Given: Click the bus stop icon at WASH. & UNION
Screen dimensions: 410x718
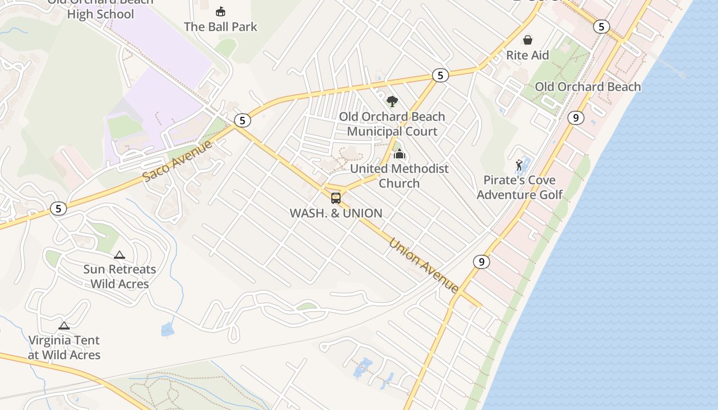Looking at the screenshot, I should point(336,198).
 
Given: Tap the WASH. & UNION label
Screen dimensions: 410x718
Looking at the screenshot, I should point(336,213).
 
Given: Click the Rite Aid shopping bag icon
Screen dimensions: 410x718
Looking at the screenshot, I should point(527,40).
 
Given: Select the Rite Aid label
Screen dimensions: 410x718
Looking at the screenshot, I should point(527,55).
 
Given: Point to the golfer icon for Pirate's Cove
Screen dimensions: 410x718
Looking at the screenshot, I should point(519,165).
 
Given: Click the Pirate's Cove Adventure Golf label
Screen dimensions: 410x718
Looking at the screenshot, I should point(520,188).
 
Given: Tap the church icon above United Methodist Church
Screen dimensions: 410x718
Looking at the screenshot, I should point(399,154).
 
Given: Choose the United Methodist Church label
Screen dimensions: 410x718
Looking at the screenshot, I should point(399,176).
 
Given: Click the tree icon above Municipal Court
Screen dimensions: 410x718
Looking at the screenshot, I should point(392,101).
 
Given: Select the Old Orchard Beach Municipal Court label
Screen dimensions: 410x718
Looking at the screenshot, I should point(392,124).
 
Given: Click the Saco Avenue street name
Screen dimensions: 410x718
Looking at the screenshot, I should point(177,161).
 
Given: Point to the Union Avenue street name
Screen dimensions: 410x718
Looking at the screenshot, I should point(424,265).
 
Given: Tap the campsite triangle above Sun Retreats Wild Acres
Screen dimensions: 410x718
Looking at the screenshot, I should point(119,255).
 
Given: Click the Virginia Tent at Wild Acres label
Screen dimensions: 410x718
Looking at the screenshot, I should point(64,347).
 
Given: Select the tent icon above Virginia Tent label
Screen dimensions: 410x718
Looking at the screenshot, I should point(64,325).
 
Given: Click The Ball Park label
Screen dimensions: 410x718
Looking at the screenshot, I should point(221,27).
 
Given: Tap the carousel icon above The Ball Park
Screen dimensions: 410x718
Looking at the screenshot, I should point(221,11).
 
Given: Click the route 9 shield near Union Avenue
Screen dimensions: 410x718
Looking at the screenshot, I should point(481,262).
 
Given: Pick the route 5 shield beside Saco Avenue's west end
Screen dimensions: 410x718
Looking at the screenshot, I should point(58,209).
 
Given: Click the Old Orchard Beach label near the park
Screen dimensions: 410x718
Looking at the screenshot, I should point(588,87).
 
